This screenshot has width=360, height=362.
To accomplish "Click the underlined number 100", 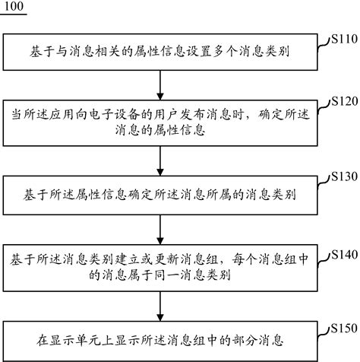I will click(14, 8).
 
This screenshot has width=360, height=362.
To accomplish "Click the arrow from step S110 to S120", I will click(162, 84).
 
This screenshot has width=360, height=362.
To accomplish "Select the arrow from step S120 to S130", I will click(162, 160).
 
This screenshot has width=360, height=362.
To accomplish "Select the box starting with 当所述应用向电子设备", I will click(162, 122).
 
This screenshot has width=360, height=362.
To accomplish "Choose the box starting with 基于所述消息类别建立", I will click(162, 268).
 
